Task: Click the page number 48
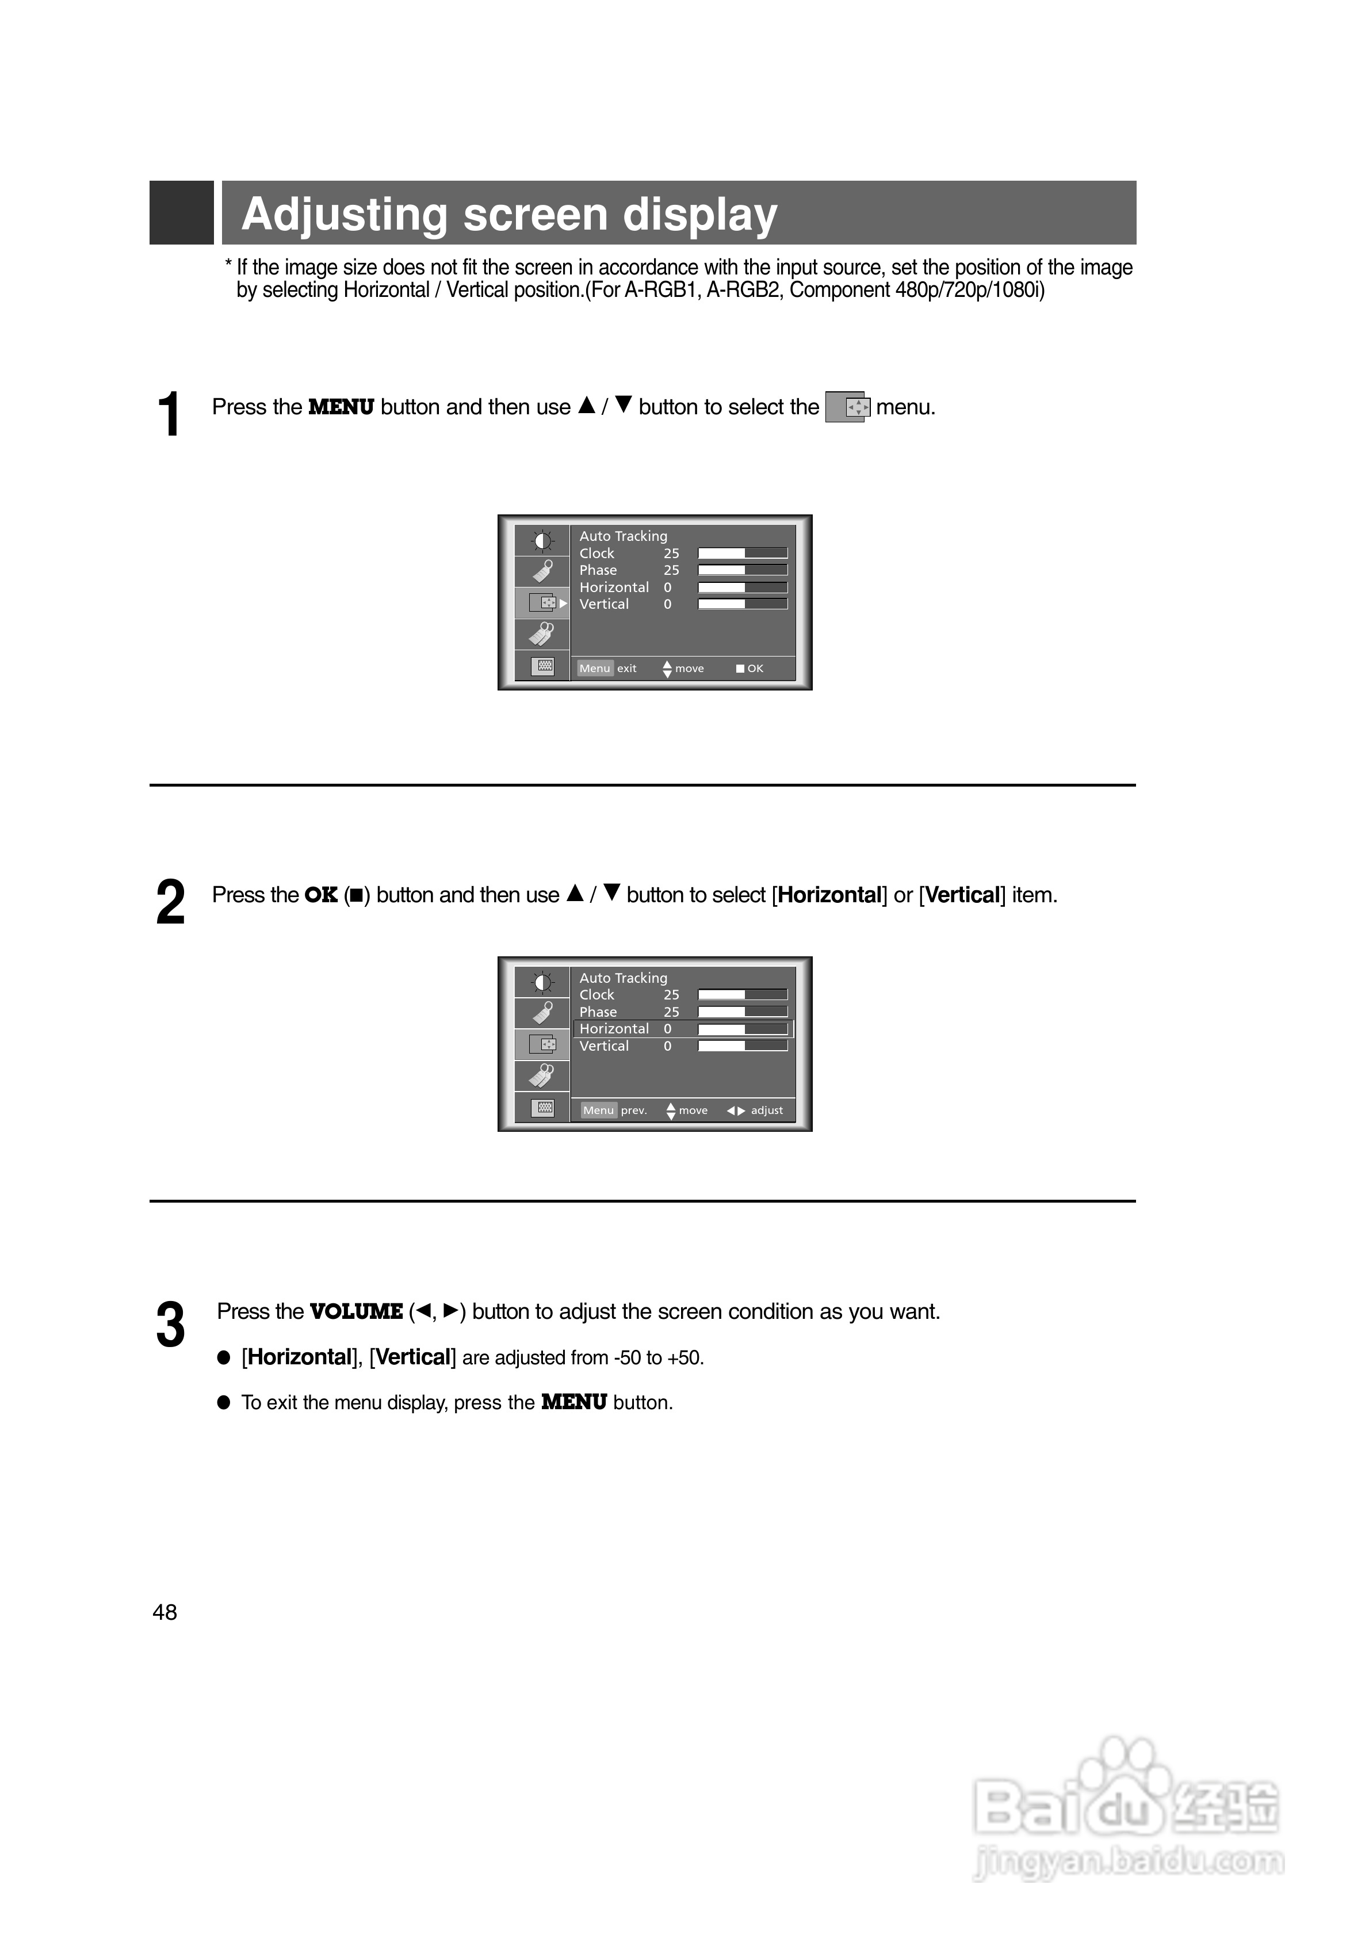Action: point(165,1612)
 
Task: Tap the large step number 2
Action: point(170,903)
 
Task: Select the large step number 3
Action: point(170,1325)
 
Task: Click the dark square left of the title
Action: point(181,213)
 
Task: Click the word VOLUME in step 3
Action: point(356,1312)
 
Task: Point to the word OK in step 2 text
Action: point(321,895)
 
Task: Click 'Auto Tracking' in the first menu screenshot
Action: point(623,536)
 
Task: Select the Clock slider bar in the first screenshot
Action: point(743,553)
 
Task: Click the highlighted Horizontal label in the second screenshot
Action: point(614,1029)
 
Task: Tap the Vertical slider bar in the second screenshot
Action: point(743,1046)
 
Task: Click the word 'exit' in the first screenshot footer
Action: point(626,669)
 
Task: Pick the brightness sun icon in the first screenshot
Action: point(542,541)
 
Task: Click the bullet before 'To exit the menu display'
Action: point(224,1403)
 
